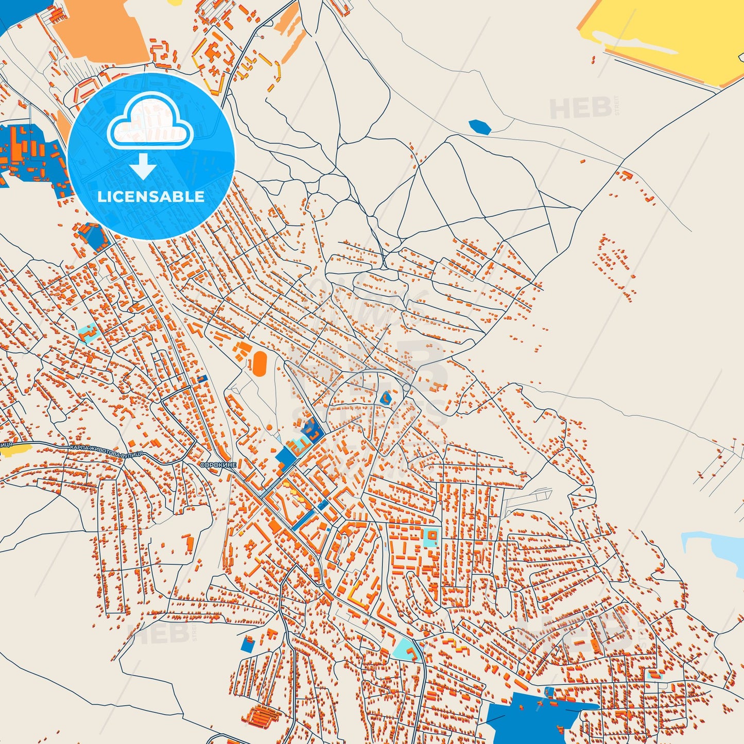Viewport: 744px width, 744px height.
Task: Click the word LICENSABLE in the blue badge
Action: pyautogui.click(x=151, y=197)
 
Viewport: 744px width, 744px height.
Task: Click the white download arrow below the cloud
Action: pyautogui.click(x=144, y=166)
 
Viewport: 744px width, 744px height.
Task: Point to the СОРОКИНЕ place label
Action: pyautogui.click(x=218, y=465)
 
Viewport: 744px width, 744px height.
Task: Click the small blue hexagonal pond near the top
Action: pyautogui.click(x=479, y=127)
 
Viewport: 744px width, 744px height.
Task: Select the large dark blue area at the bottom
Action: pyautogui.click(x=530, y=718)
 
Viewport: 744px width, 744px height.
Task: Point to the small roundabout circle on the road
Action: pyautogui.click(x=406, y=386)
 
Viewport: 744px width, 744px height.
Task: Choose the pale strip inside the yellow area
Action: pyautogui.click(x=638, y=44)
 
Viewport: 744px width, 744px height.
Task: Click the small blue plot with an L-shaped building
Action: pyautogui.click(x=385, y=398)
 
